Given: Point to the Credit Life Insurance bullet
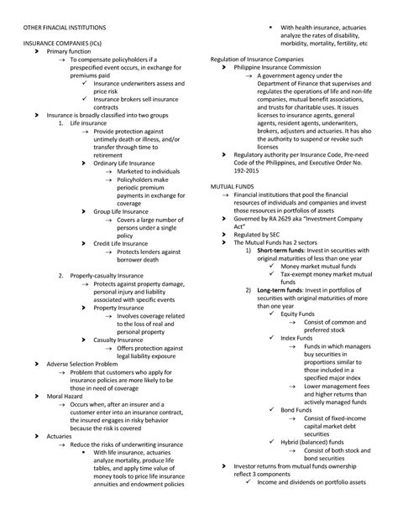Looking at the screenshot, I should [x=124, y=243].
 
